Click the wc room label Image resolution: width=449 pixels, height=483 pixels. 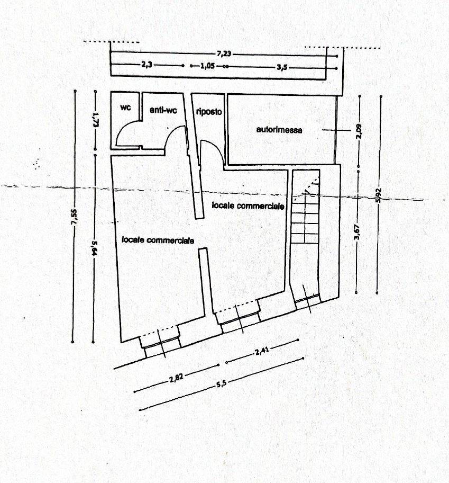point(125,107)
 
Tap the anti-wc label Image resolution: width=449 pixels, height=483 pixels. point(163,110)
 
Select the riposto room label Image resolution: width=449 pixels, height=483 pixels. point(209,112)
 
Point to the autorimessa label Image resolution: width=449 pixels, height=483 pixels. point(279,130)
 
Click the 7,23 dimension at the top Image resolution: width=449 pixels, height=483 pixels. point(224,54)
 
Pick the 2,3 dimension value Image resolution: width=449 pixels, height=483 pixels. point(147,65)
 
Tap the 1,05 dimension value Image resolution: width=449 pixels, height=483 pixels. point(208,66)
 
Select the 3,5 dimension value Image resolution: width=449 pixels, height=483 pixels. point(282,67)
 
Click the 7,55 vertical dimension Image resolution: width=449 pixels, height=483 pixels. point(75,218)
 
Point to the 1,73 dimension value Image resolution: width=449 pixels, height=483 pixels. point(95,119)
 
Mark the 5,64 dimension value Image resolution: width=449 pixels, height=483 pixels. point(94,248)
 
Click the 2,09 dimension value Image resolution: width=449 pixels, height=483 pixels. point(359,131)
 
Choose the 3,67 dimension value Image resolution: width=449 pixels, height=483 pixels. point(357,231)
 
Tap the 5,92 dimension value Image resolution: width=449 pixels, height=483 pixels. point(379,195)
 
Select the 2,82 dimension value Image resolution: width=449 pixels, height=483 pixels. point(177,378)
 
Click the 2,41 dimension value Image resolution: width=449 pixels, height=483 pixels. point(262,351)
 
